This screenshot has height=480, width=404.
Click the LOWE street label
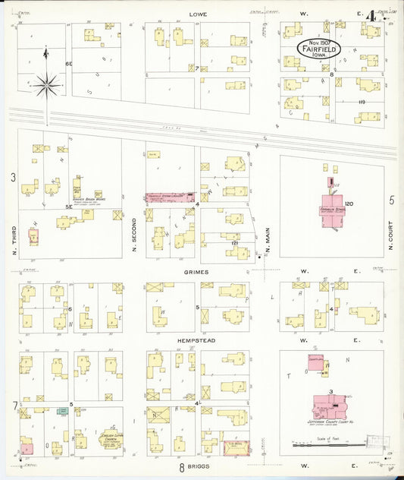[x=198, y=14]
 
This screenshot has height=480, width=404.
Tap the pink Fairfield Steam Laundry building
[x=169, y=197]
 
